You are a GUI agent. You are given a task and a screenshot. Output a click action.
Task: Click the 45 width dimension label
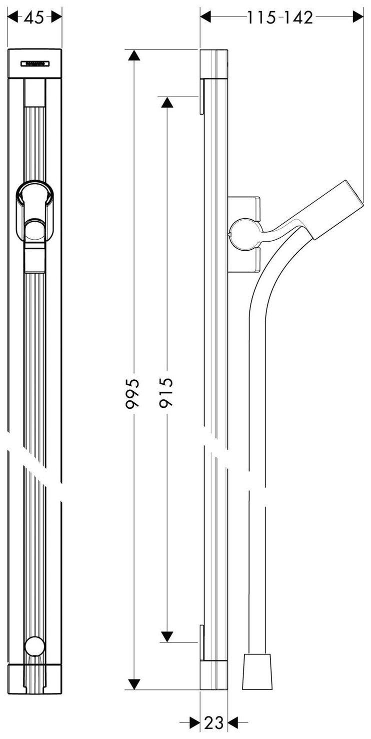pyautogui.click(x=34, y=18)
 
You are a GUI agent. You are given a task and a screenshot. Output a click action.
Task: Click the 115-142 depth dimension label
pyautogui.click(x=280, y=18)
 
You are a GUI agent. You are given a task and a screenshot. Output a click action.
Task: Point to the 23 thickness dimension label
pyautogui.click(x=213, y=722)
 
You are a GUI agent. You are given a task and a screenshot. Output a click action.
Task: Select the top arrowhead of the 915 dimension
pyautogui.click(x=166, y=102)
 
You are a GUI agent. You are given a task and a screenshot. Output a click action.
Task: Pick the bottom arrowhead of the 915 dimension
pyautogui.click(x=166, y=636)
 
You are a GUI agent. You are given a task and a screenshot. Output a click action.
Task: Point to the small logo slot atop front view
pyautogui.click(x=34, y=63)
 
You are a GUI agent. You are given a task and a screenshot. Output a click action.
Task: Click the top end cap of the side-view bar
pyautogui.click(x=214, y=64)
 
